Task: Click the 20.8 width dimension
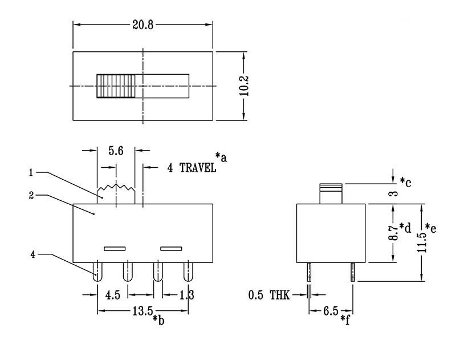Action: coord(143,25)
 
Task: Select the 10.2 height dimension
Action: coord(243,86)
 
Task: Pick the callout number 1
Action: coord(32,172)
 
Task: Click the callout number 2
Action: coord(32,195)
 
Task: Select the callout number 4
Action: coord(32,254)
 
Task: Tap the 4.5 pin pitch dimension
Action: coord(112,296)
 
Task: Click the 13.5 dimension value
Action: coord(142,311)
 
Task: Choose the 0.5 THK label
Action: coord(269,295)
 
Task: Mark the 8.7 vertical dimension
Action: coord(393,233)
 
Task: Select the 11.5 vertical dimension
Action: coord(421,242)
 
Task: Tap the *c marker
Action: coord(405,181)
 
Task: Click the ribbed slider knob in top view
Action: coord(116,86)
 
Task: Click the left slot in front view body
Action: coord(115,248)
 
